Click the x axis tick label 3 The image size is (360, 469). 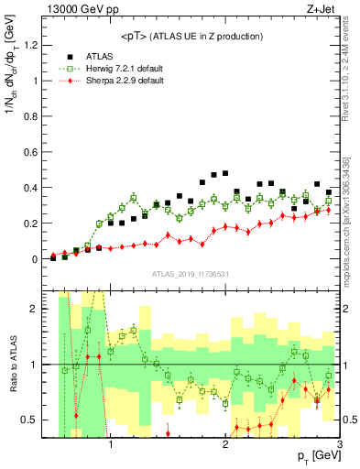[340, 446]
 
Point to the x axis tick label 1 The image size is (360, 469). [111, 446]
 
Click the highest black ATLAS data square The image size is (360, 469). [225, 172]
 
